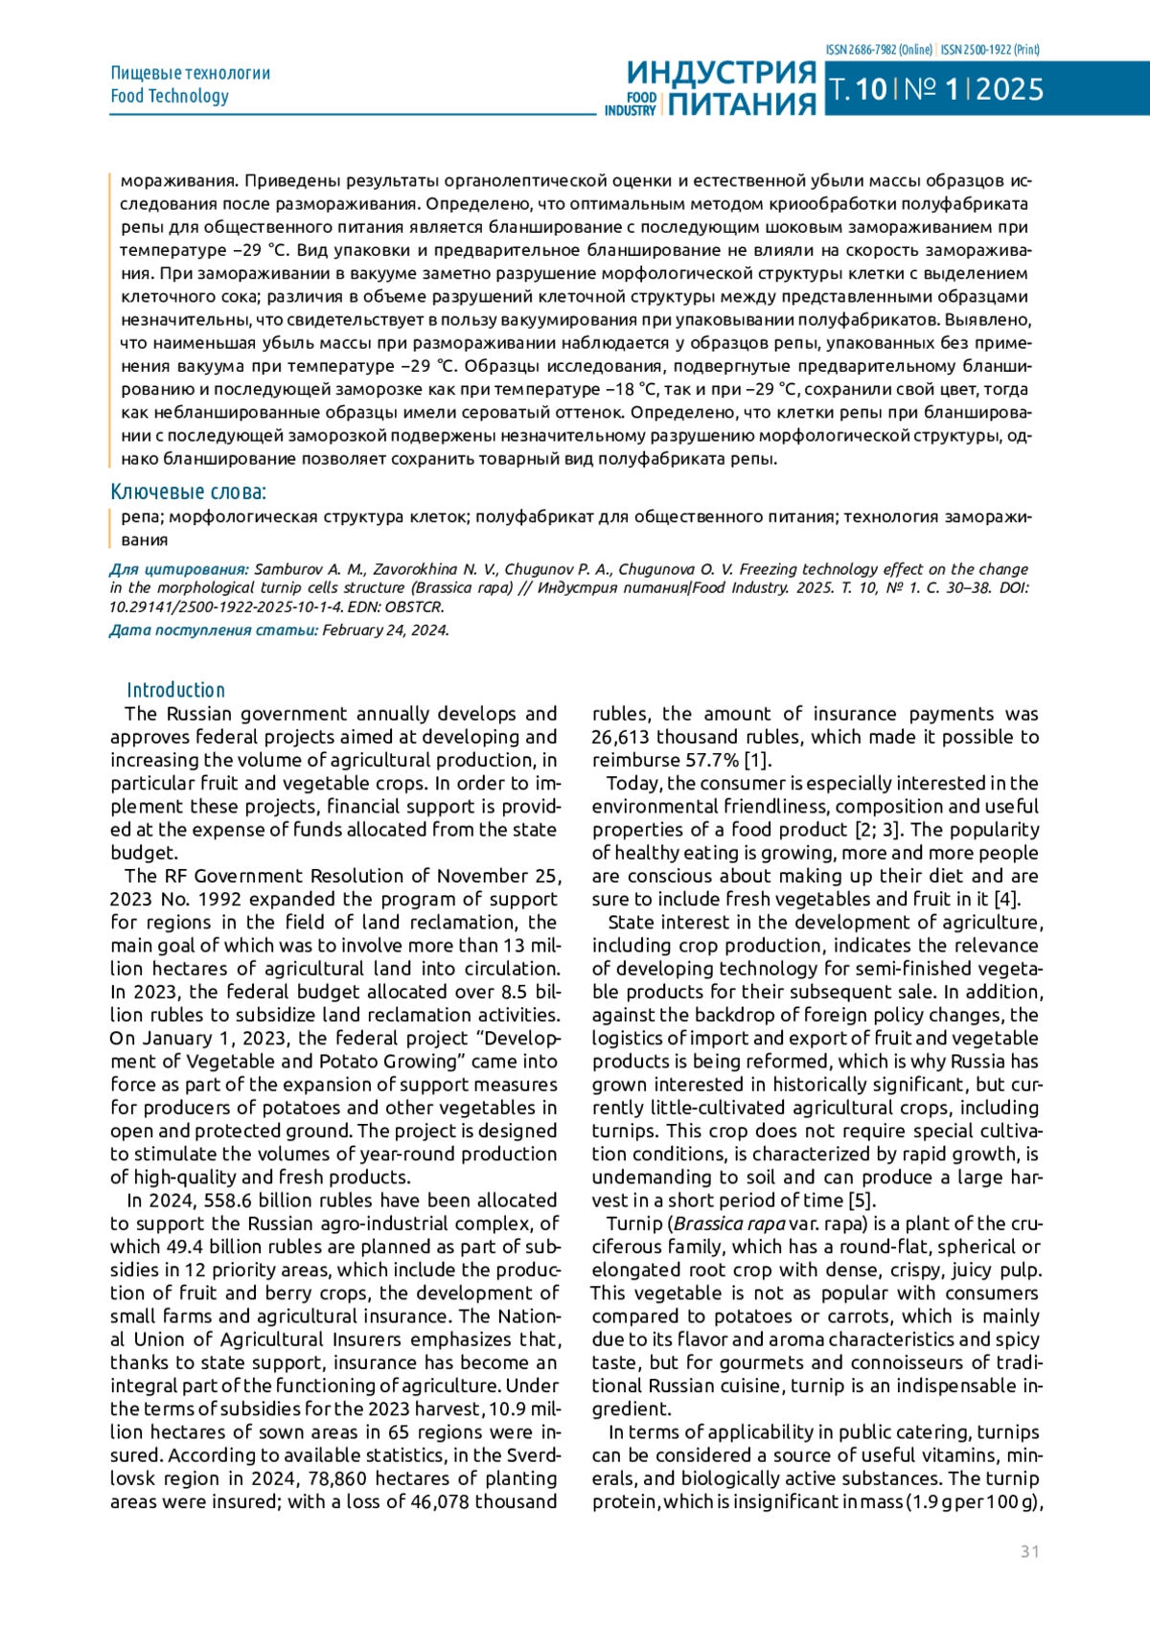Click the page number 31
point(1029,1551)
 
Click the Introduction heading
point(175,690)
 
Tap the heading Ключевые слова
point(188,492)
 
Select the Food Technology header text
point(170,96)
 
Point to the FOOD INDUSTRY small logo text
point(631,103)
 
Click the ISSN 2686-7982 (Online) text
point(878,50)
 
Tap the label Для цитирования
point(179,569)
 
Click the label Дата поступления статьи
point(213,630)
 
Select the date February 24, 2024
point(385,630)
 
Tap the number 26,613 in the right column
point(623,737)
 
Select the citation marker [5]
point(862,1201)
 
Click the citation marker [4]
point(1006,899)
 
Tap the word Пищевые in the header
point(146,73)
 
